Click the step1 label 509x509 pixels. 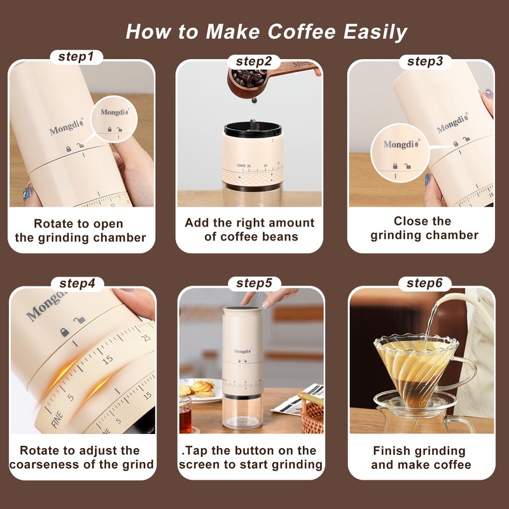coord(76,57)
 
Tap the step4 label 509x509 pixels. coord(77,283)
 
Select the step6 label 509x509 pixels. coord(424,283)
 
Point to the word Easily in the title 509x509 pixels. coord(375,32)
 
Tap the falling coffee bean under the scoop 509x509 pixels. coord(254,100)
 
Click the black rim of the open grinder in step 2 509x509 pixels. coord(253,129)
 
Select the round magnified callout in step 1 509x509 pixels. coord(114,119)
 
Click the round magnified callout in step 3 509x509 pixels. coord(400,153)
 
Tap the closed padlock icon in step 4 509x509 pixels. coord(65,332)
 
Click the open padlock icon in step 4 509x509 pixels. coord(80,320)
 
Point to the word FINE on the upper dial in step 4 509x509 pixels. coord(57,419)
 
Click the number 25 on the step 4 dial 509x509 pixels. coord(146,338)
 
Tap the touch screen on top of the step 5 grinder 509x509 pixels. coord(243,309)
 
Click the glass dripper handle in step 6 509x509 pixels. coord(465,373)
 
